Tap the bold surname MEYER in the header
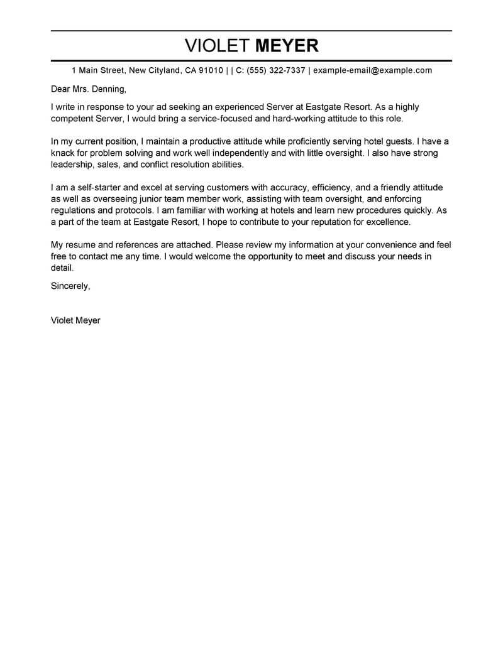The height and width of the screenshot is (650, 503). pyautogui.click(x=287, y=46)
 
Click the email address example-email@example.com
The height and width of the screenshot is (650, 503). pyautogui.click(x=372, y=70)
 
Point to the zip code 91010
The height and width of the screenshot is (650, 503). pyautogui.click(x=211, y=70)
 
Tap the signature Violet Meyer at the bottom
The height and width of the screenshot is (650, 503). pyautogui.click(x=75, y=320)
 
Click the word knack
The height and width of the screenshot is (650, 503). pyautogui.click(x=63, y=153)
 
